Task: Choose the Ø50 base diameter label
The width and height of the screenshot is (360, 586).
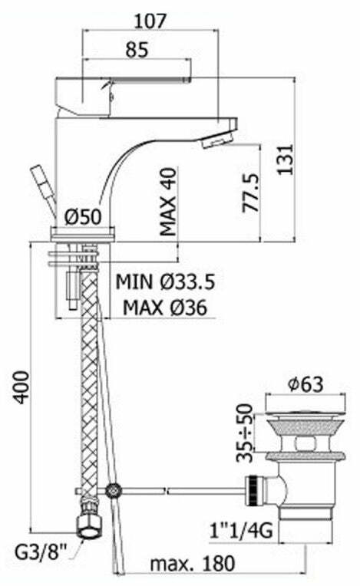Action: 84,217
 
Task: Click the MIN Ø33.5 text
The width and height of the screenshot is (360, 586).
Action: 165,281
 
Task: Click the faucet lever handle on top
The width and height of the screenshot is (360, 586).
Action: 123,84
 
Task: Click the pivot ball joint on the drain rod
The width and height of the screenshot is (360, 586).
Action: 115,489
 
